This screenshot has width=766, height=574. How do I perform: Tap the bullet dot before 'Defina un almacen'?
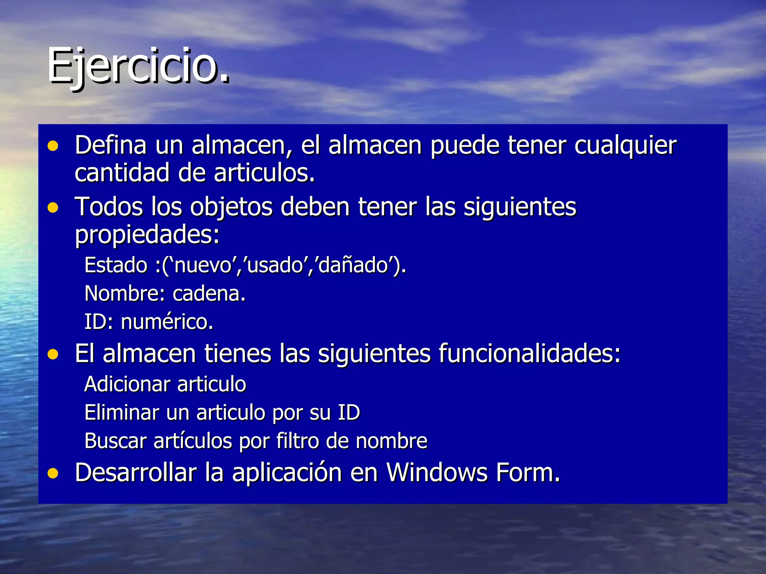pos(53,146)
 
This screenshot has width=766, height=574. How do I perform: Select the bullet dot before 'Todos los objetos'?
pos(53,207)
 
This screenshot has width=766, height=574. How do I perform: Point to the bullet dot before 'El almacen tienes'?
pos(53,354)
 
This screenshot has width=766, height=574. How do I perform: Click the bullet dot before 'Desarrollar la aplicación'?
pos(53,473)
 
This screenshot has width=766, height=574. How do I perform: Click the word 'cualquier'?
pos(625,146)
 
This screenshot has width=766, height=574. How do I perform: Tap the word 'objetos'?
pos(231,207)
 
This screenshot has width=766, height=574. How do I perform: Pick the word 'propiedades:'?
pos(147,235)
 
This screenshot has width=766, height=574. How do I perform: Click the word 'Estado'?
pos(116,265)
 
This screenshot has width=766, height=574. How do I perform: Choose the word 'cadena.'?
pos(209,294)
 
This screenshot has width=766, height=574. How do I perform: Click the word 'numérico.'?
pos(167,322)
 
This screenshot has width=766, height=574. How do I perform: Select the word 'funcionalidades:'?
pos(529,354)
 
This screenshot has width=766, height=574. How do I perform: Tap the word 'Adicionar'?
pos(128,385)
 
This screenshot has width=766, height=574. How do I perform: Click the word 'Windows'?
pos(437,473)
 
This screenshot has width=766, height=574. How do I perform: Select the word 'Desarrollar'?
pos(136,473)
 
